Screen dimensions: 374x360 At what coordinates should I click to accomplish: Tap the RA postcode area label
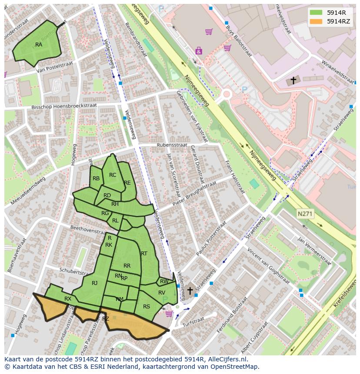[39, 45]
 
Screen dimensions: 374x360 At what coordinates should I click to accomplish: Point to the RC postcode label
[113, 175]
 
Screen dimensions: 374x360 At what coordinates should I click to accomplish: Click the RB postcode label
[96, 179]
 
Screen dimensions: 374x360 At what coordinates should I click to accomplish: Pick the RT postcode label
[144, 254]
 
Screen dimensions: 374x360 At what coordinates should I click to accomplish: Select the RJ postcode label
[95, 283]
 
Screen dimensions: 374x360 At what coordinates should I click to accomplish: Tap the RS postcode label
[147, 306]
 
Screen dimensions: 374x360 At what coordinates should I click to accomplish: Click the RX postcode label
[68, 299]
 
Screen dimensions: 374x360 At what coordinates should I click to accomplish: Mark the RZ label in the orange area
[106, 319]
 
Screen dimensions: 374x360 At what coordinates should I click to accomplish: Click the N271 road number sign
[304, 214]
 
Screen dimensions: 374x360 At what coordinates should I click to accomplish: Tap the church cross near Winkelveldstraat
[293, 80]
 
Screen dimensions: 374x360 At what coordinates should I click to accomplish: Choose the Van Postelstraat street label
[53, 70]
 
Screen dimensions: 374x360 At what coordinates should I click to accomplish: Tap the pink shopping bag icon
[199, 51]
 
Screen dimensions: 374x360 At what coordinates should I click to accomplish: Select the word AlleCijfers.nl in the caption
[226, 359]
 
